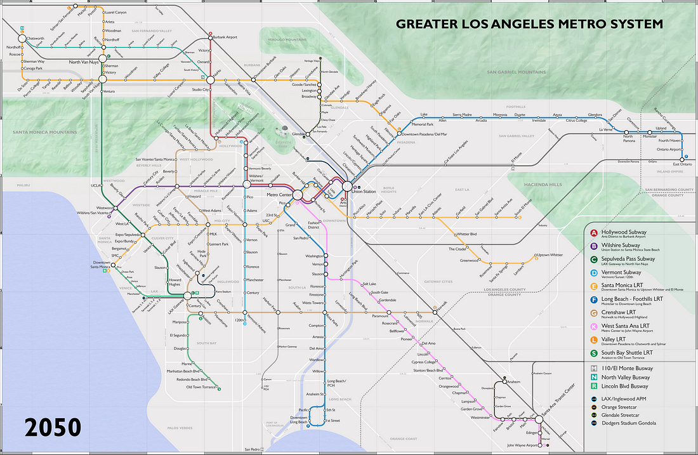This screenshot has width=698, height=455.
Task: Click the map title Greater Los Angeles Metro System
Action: pos(529,24)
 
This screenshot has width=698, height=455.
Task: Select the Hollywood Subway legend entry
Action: pos(624,232)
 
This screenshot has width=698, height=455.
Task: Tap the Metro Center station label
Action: pos(279,194)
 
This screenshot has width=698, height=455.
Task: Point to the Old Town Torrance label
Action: pos(201,387)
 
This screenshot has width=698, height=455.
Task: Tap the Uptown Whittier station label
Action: pos(550,255)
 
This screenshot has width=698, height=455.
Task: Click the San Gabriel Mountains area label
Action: pos(516,72)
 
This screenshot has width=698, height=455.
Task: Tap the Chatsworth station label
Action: pos(36,38)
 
